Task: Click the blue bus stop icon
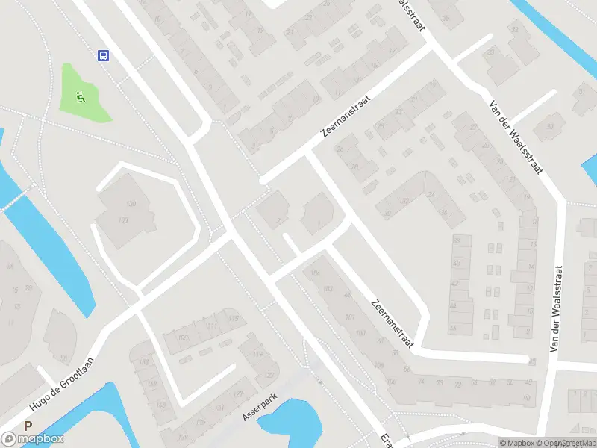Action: (x=103, y=55)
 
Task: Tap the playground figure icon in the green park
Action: (x=80, y=96)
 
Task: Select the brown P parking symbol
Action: (x=28, y=426)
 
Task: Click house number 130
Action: (x=131, y=204)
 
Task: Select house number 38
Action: (x=456, y=240)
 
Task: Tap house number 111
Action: (x=213, y=326)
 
